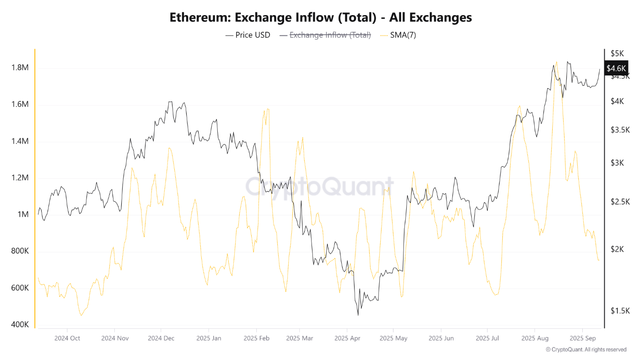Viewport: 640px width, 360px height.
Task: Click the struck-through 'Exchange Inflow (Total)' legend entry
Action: [x=330, y=35]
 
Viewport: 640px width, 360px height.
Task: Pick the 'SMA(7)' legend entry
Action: [x=402, y=35]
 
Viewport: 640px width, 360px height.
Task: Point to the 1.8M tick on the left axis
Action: [x=20, y=68]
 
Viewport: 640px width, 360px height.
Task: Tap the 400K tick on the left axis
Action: [x=20, y=325]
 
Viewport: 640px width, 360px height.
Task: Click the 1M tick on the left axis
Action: [x=23, y=215]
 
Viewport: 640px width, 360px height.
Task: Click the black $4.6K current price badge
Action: [x=616, y=68]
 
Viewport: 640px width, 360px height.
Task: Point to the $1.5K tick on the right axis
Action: [x=620, y=311]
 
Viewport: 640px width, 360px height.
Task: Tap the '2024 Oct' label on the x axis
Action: [x=67, y=339]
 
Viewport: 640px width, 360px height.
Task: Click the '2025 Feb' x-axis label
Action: [x=256, y=339]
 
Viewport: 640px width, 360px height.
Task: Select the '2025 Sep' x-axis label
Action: [x=582, y=339]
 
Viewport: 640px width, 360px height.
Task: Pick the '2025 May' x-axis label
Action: [x=393, y=339]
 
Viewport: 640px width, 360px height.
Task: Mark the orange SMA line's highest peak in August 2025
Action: [x=556, y=62]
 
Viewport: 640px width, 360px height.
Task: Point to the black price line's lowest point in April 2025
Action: [x=358, y=315]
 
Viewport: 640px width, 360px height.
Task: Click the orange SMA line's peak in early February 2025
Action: [x=267, y=109]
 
